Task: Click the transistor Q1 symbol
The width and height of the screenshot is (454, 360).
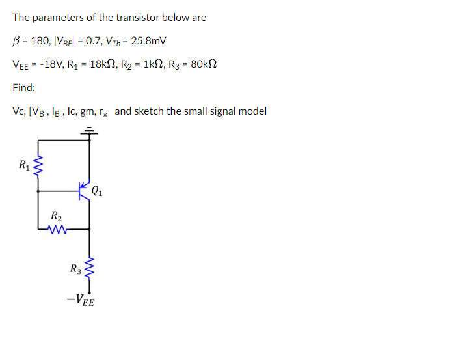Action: click(85, 191)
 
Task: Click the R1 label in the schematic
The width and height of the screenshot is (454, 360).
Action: click(24, 164)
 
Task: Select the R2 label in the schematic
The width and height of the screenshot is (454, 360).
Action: click(56, 216)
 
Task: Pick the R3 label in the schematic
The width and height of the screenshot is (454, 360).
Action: click(76, 268)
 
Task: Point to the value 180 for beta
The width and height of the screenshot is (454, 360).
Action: click(40, 41)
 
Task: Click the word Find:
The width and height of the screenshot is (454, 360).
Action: click(24, 87)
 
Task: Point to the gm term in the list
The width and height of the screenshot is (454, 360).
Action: click(87, 111)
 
